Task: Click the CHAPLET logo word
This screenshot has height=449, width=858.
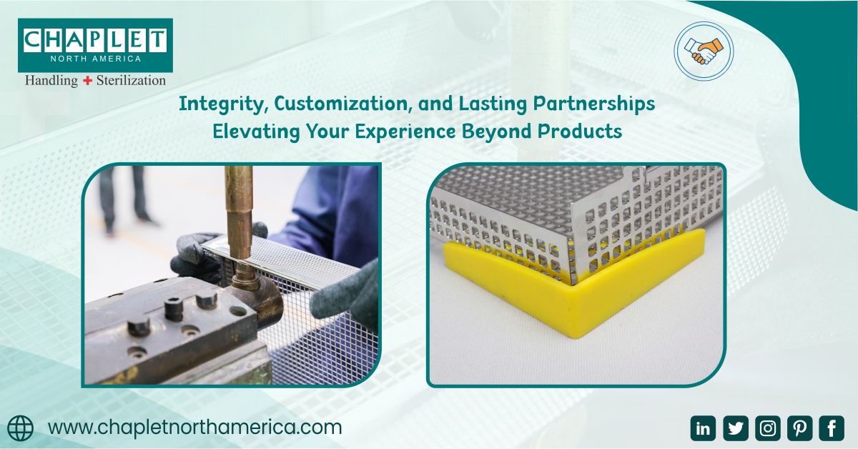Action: point(95,40)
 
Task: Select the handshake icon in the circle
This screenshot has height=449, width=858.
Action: point(704,51)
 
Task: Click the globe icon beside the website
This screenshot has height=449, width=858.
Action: point(20,428)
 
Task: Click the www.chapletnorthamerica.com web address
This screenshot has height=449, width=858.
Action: point(194,428)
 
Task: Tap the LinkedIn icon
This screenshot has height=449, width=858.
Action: point(703,428)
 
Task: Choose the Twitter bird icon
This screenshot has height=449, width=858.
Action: point(736,428)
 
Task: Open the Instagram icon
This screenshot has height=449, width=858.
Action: point(768,428)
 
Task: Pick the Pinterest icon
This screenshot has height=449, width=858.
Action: point(800,428)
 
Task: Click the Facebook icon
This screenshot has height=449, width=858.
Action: point(832,428)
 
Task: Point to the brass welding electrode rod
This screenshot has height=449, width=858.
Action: point(238,214)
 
